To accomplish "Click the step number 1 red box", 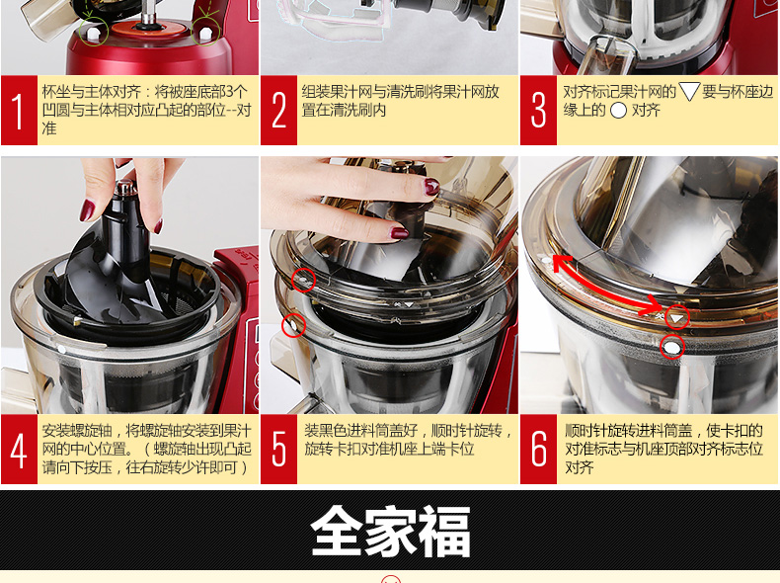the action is click(19, 111).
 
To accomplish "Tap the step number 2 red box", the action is click(278, 111).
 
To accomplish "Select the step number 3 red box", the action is click(538, 111).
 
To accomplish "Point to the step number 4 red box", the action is click(19, 449).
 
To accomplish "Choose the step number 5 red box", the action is click(278, 449).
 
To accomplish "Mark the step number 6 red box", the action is click(538, 449).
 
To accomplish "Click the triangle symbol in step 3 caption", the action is click(689, 92).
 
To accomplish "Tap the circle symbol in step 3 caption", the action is click(618, 111).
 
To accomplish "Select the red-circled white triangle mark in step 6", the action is click(677, 317).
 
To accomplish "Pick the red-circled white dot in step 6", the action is click(671, 347).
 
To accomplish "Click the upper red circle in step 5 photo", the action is click(303, 281).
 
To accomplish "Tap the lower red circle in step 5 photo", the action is click(293, 326).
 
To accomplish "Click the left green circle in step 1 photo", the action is click(94, 32).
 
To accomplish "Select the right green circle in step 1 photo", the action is click(205, 31).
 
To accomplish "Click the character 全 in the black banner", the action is click(337, 532).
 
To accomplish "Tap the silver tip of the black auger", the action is click(124, 188).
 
